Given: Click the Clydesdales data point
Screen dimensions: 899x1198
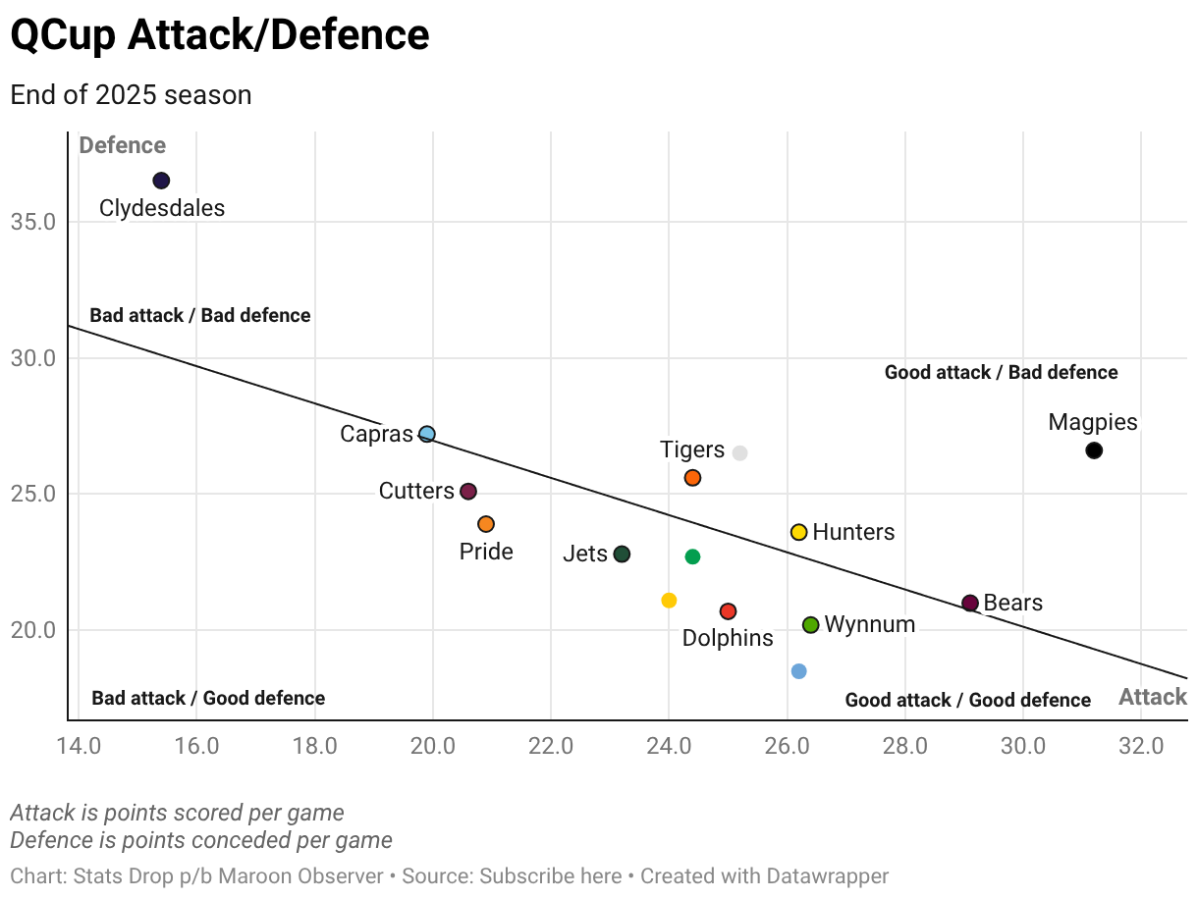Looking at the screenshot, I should point(161,181).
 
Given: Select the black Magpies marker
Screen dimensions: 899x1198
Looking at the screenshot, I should point(1094,450).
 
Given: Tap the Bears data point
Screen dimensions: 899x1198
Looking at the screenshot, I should point(970,603).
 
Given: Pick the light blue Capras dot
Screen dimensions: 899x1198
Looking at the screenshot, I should point(426,434).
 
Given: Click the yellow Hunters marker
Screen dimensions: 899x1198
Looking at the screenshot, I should point(798,532).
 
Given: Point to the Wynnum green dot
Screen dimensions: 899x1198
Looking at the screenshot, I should point(811,625).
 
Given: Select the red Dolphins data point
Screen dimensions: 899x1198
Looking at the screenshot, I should point(728,611).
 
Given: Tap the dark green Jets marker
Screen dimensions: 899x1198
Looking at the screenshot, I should point(622,555).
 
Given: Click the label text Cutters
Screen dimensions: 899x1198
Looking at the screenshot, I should point(416,491).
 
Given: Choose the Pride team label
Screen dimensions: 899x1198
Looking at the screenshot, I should point(486,552).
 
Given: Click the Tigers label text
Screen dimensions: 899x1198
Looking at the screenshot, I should point(692,449).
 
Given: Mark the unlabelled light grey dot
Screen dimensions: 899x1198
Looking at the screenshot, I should point(739,452).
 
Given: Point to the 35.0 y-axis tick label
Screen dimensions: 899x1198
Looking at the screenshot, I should point(32,222).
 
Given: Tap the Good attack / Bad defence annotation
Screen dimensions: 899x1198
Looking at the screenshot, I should point(1001,373).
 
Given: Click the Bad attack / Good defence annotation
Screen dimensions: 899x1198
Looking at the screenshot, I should point(208,699).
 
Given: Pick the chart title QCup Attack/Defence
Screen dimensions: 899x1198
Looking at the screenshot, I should point(220,35).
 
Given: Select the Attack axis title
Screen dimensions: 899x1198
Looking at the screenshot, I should point(1153,697).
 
